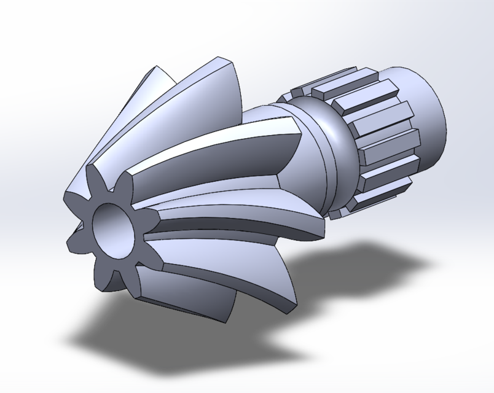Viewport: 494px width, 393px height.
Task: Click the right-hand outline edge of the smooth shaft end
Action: pyautogui.click(x=444, y=123)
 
